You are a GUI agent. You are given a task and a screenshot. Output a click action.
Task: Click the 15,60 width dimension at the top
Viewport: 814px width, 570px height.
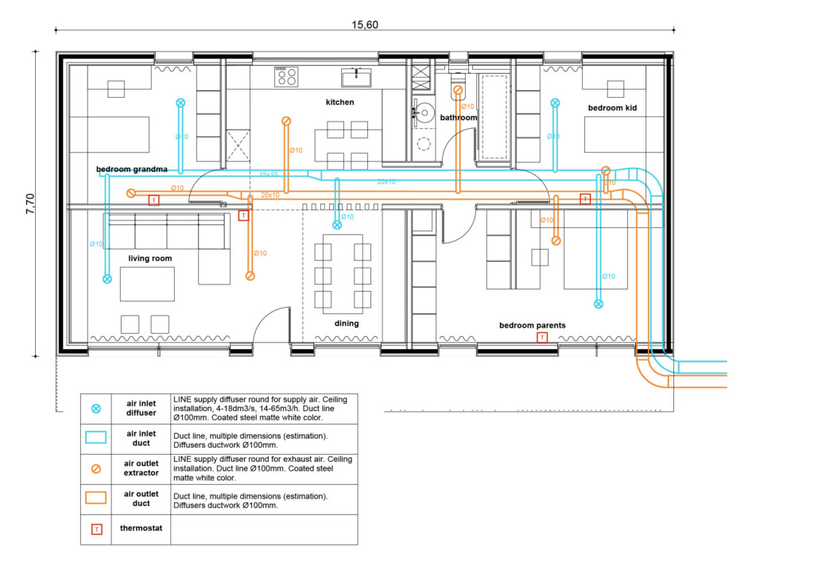365,25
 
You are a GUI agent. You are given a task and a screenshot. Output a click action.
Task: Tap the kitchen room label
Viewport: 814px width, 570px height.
339,103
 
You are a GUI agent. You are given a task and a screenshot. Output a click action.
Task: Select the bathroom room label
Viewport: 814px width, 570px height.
459,118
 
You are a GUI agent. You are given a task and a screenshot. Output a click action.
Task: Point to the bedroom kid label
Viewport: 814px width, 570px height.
612,107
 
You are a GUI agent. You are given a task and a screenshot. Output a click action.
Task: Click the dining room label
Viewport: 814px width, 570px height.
346,324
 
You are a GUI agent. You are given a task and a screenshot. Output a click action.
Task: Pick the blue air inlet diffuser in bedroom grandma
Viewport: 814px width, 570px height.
180,103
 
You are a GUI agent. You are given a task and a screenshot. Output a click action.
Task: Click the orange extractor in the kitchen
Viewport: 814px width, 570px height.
285,121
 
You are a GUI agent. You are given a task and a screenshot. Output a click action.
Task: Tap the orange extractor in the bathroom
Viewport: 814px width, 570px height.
458,91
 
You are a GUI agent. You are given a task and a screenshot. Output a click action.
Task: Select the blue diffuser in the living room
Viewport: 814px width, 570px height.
107,279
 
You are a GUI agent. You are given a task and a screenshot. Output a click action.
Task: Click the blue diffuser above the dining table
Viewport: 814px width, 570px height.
337,225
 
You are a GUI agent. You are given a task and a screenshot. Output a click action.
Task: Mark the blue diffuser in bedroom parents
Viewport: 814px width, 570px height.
599,304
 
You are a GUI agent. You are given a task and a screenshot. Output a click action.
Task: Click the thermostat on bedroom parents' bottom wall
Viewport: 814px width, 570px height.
541,338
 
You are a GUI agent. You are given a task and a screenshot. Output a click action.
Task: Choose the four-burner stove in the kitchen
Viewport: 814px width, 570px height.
286,77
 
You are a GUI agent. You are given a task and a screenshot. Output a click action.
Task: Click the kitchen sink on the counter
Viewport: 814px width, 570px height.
356,77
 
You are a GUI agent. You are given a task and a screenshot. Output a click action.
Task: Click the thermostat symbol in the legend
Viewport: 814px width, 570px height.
96,529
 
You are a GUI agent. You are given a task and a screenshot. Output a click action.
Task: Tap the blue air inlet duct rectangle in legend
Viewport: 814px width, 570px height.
96,437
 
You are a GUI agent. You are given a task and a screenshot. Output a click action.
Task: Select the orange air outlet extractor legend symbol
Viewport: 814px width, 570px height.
96,468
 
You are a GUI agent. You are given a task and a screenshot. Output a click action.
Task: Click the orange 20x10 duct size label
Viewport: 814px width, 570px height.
269,195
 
